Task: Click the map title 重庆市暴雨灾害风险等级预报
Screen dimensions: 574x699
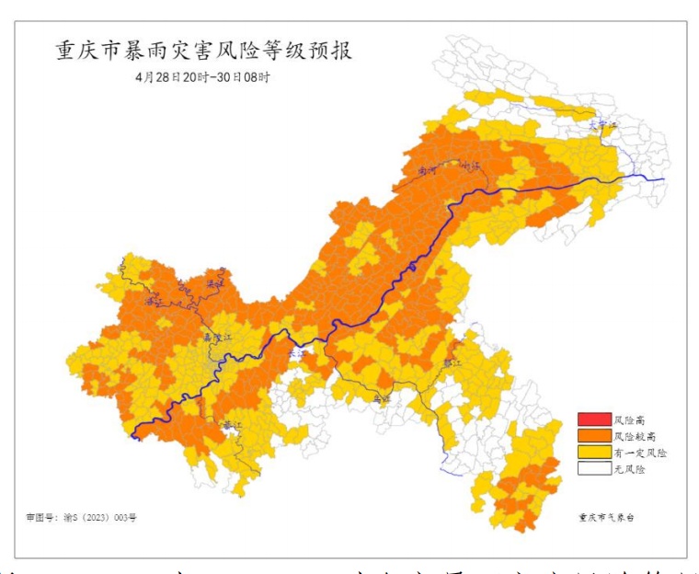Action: click(203, 51)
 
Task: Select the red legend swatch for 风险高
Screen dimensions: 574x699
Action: click(593, 420)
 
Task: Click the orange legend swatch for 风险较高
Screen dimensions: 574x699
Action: click(593, 436)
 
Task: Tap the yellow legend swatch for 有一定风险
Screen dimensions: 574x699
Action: click(593, 453)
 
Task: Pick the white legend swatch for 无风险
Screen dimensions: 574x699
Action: click(593, 468)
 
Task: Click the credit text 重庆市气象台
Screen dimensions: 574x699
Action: click(606, 518)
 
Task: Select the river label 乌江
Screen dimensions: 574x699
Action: click(381, 398)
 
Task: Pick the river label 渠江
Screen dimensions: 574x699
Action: click(214, 283)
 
